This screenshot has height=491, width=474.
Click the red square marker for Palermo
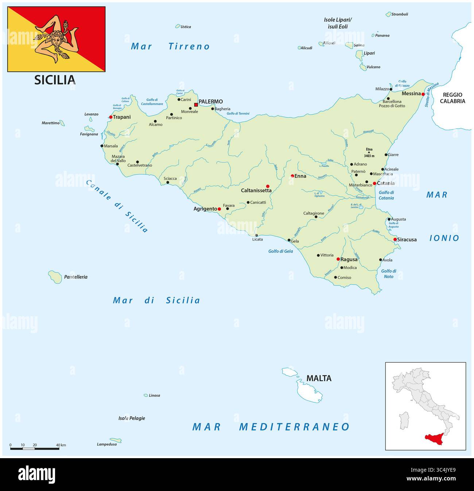(x=196, y=105)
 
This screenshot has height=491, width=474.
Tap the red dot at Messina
(x=423, y=94)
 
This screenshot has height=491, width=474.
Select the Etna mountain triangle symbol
(x=369, y=152)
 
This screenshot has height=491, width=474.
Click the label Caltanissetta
(x=256, y=190)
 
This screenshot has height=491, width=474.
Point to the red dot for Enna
(x=292, y=176)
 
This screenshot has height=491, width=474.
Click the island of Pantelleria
(x=55, y=277)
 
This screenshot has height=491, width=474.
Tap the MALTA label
(x=319, y=378)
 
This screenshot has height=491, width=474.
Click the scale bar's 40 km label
(x=61, y=445)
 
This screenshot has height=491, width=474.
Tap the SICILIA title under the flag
(x=55, y=80)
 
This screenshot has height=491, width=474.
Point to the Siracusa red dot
(x=395, y=240)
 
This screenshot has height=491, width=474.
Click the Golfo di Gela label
(x=281, y=251)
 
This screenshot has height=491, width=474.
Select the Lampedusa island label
(x=107, y=444)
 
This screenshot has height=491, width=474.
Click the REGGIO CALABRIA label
(x=452, y=98)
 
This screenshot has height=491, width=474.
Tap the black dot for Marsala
(x=102, y=146)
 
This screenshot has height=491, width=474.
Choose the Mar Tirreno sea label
(x=170, y=46)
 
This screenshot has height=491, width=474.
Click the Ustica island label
(x=186, y=27)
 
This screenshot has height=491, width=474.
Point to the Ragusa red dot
(x=338, y=259)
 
